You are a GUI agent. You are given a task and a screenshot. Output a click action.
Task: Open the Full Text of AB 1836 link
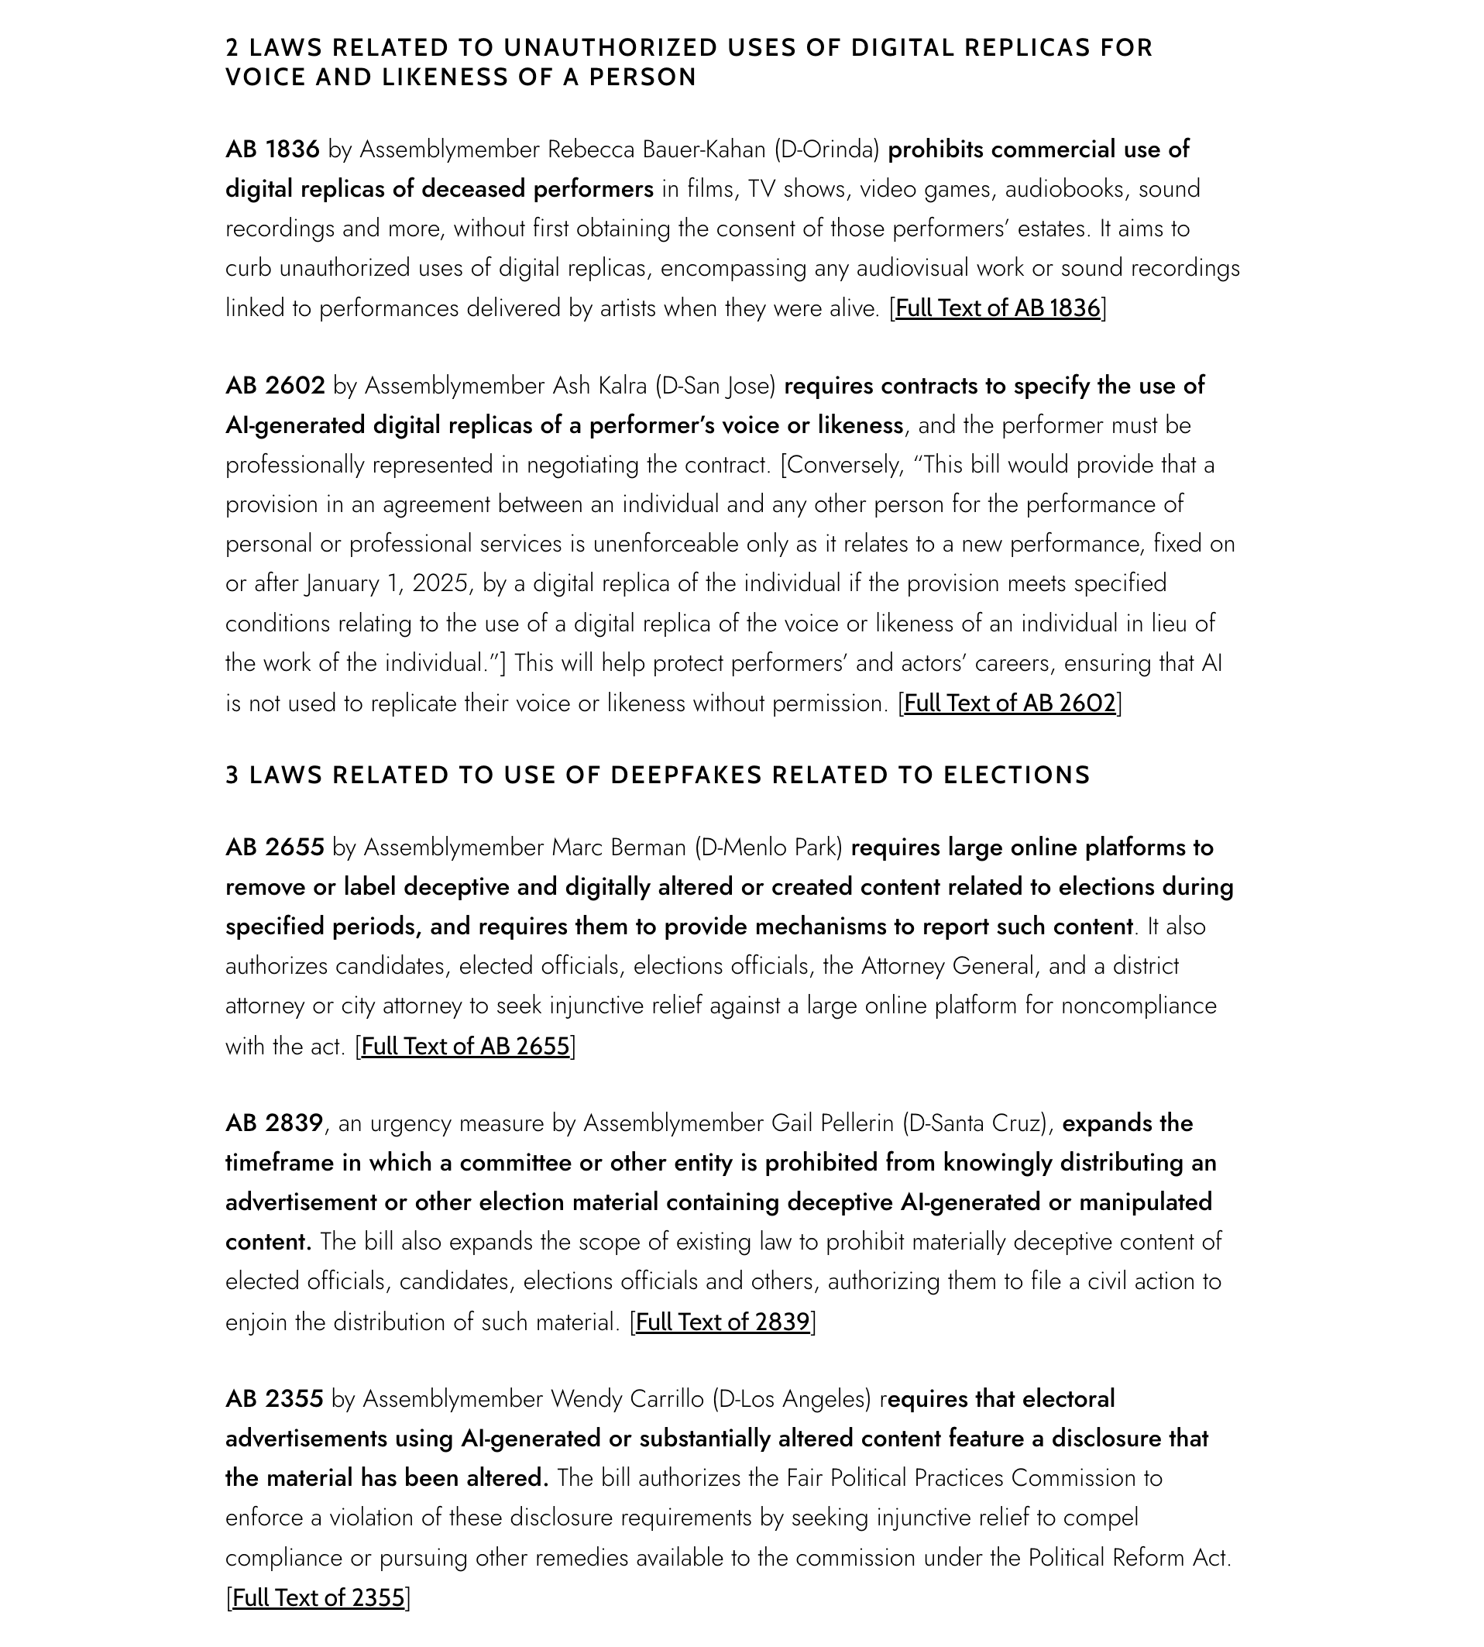point(998,308)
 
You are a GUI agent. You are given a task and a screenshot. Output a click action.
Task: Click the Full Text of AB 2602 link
point(1009,703)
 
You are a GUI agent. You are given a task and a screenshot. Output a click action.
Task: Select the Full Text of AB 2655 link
point(465,1046)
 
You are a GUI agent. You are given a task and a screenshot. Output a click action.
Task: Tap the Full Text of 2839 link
point(723,1322)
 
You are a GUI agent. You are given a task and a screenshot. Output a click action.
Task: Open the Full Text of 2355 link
point(318,1597)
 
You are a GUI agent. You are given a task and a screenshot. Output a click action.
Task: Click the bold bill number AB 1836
point(273,150)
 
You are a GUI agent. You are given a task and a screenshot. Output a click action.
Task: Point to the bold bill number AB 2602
point(275,386)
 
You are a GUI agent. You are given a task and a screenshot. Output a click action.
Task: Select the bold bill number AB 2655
point(275,848)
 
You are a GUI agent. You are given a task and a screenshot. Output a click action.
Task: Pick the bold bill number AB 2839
point(275,1123)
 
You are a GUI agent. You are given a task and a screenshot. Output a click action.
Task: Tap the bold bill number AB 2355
point(275,1399)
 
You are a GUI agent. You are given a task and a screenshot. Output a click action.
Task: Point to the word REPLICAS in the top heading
point(1026,48)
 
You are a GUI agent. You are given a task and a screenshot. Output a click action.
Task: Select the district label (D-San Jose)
point(715,386)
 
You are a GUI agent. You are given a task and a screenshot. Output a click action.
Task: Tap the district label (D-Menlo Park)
point(768,848)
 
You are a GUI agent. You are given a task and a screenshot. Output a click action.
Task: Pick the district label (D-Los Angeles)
point(792,1399)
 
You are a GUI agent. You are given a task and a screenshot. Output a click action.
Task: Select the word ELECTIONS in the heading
point(1016,775)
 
